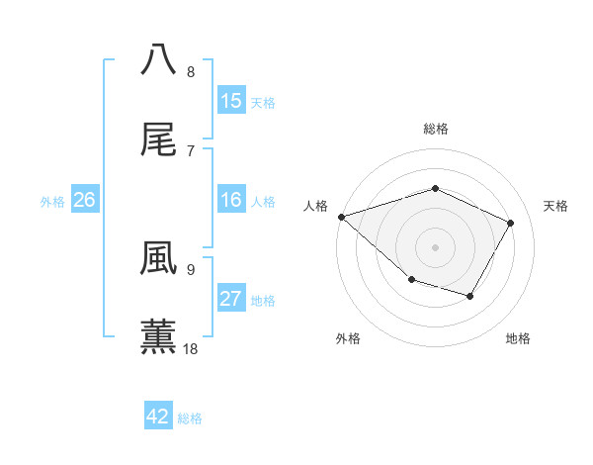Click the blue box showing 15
(230, 101)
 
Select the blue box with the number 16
(230, 201)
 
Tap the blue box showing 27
(230, 300)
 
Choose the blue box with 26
(84, 201)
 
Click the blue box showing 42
(158, 417)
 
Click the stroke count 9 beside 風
(191, 269)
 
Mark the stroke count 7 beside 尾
(191, 150)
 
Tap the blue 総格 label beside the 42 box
(190, 418)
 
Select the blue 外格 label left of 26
(52, 202)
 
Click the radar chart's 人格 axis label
(315, 206)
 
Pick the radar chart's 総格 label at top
(435, 129)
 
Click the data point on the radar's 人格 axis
(341, 217)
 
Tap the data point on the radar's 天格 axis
(511, 223)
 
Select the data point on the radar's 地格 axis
(470, 296)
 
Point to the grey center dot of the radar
(435, 246)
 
